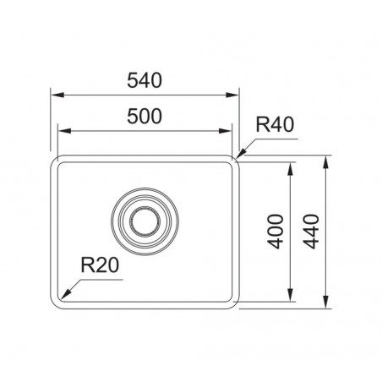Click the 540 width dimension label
(145, 80)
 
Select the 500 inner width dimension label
(145, 117)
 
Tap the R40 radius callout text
(275, 124)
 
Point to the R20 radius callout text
(100, 265)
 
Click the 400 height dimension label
(276, 232)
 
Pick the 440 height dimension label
(311, 232)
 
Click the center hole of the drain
(145, 221)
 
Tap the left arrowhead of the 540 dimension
(57, 95)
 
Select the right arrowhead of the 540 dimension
(232, 95)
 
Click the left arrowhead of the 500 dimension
(64, 131)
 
